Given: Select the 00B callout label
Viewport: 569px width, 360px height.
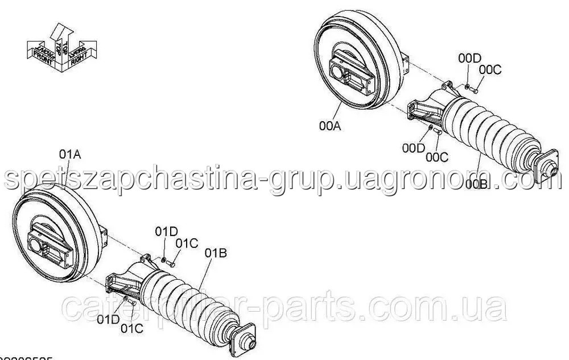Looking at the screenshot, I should [476, 183].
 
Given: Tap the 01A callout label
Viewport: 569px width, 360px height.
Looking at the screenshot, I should [69, 154].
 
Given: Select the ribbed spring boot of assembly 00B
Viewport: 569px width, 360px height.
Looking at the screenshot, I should [489, 131].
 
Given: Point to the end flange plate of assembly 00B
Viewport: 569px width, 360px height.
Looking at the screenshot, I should [545, 167].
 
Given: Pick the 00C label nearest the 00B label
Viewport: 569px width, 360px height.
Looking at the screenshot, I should [436, 156].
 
